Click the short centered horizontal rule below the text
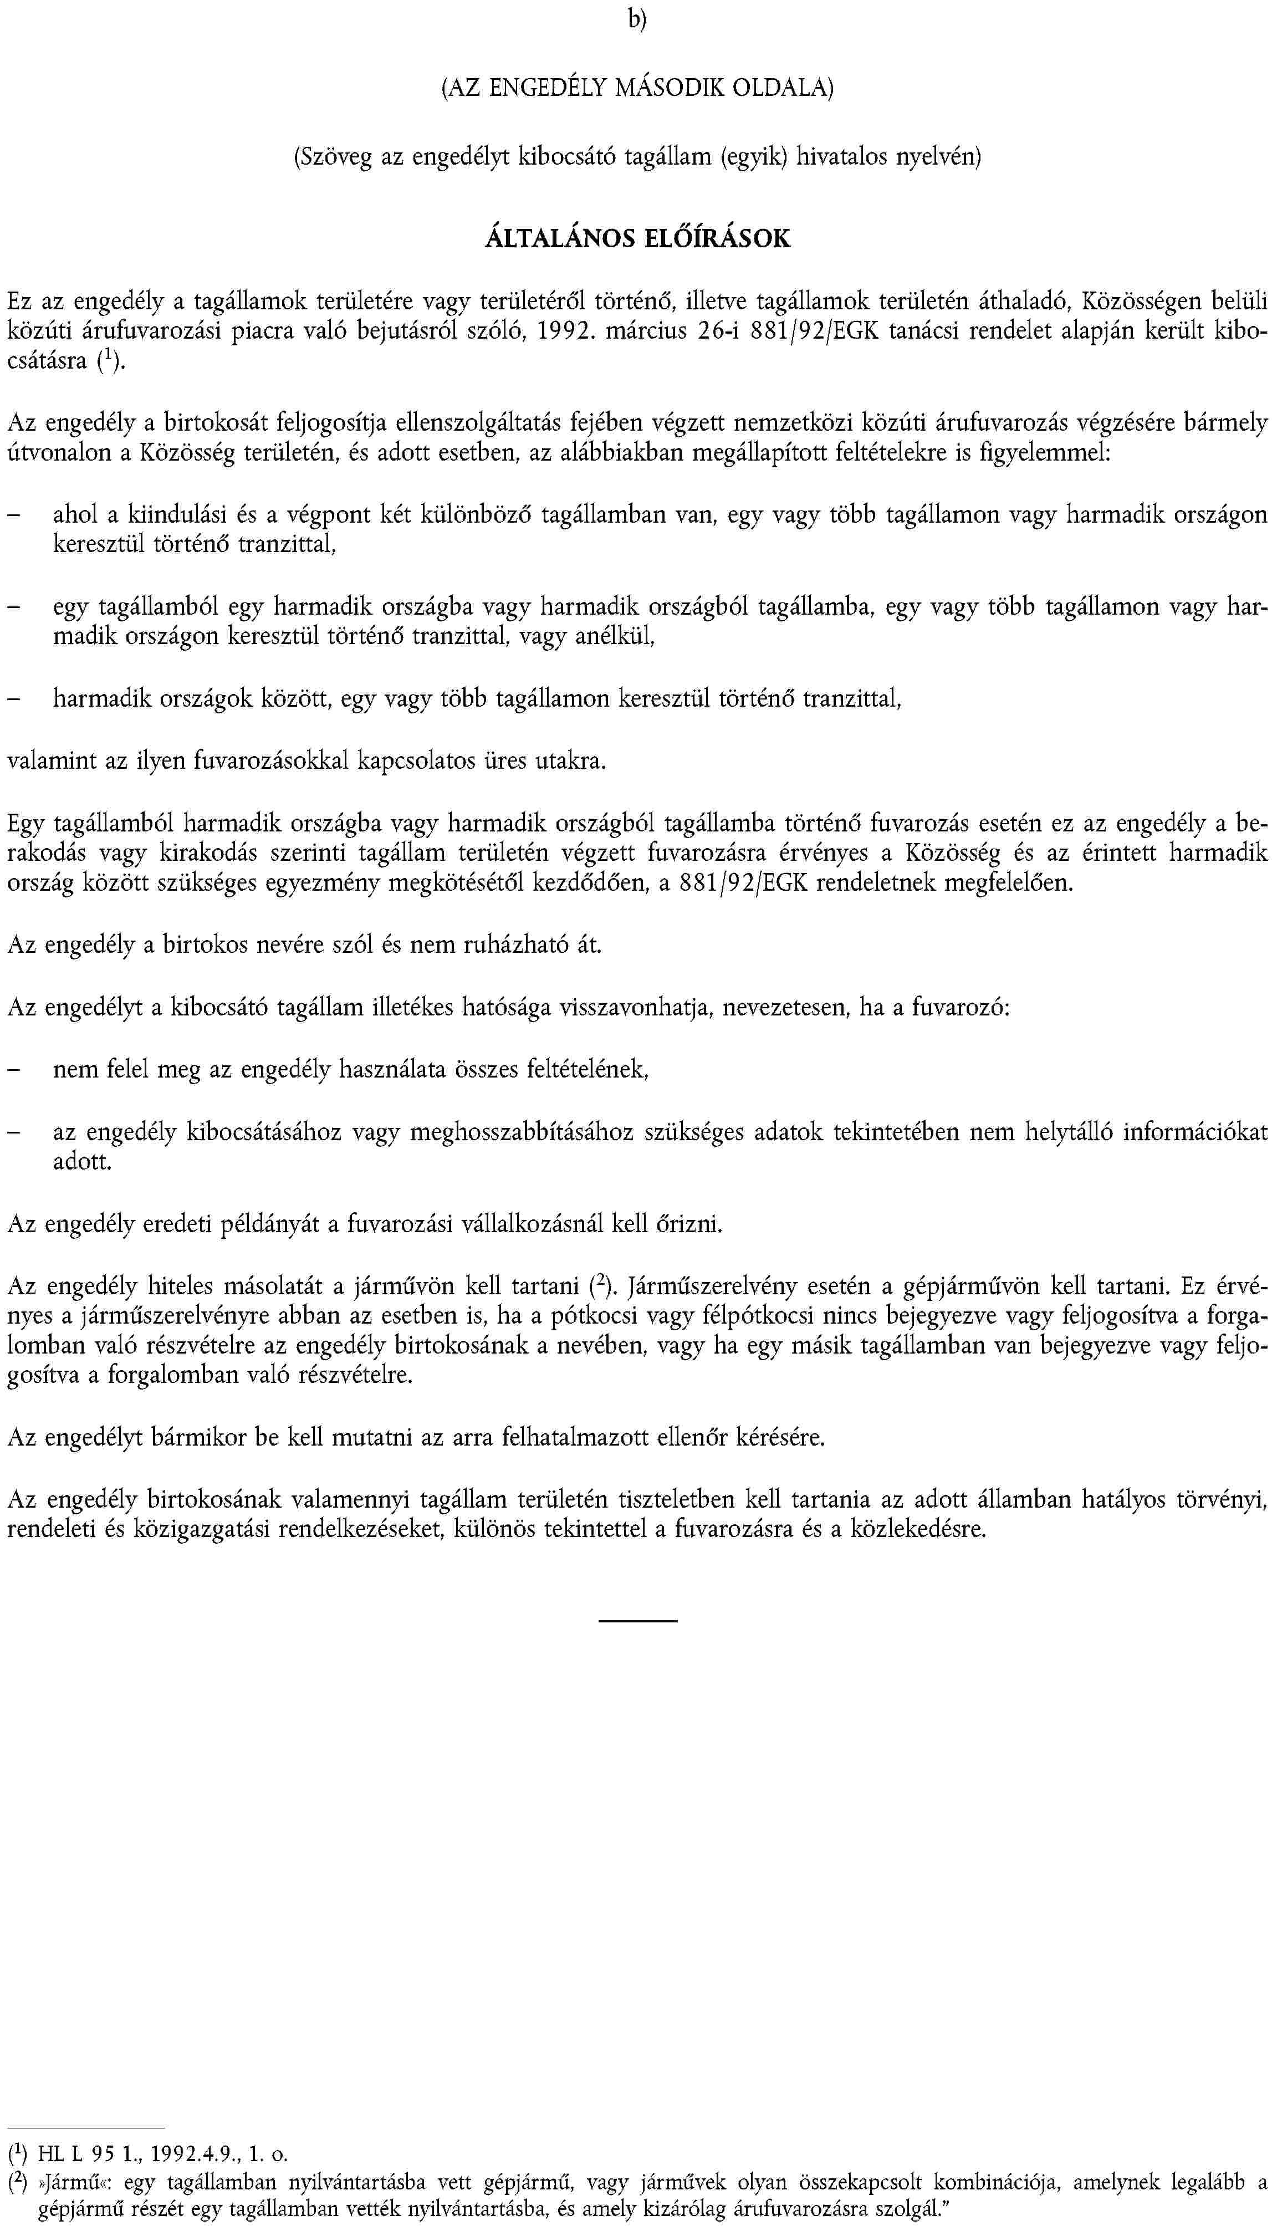pos(638,1621)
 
